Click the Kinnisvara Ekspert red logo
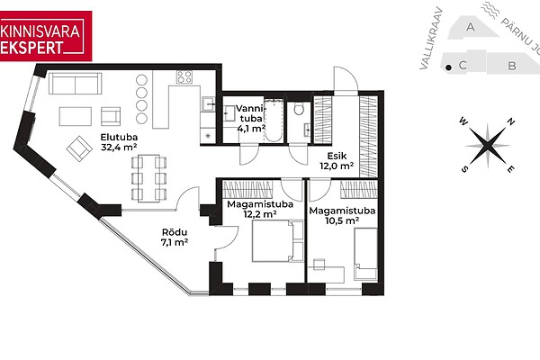click(46, 36)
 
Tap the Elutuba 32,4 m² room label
click(119, 142)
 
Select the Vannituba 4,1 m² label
click(251, 119)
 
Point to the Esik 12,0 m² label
click(337, 161)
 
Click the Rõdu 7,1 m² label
click(175, 237)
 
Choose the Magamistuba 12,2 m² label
click(260, 209)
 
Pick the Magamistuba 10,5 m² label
click(342, 215)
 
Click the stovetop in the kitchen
click(184, 77)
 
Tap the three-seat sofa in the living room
click(75, 84)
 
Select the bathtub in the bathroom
click(274, 121)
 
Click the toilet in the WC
click(299, 109)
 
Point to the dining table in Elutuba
click(148, 178)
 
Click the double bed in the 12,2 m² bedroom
click(278, 241)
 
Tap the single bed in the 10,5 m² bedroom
click(365, 254)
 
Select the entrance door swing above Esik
click(346, 79)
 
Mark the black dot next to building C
click(448, 67)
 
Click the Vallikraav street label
click(430, 39)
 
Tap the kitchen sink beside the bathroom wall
click(208, 104)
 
